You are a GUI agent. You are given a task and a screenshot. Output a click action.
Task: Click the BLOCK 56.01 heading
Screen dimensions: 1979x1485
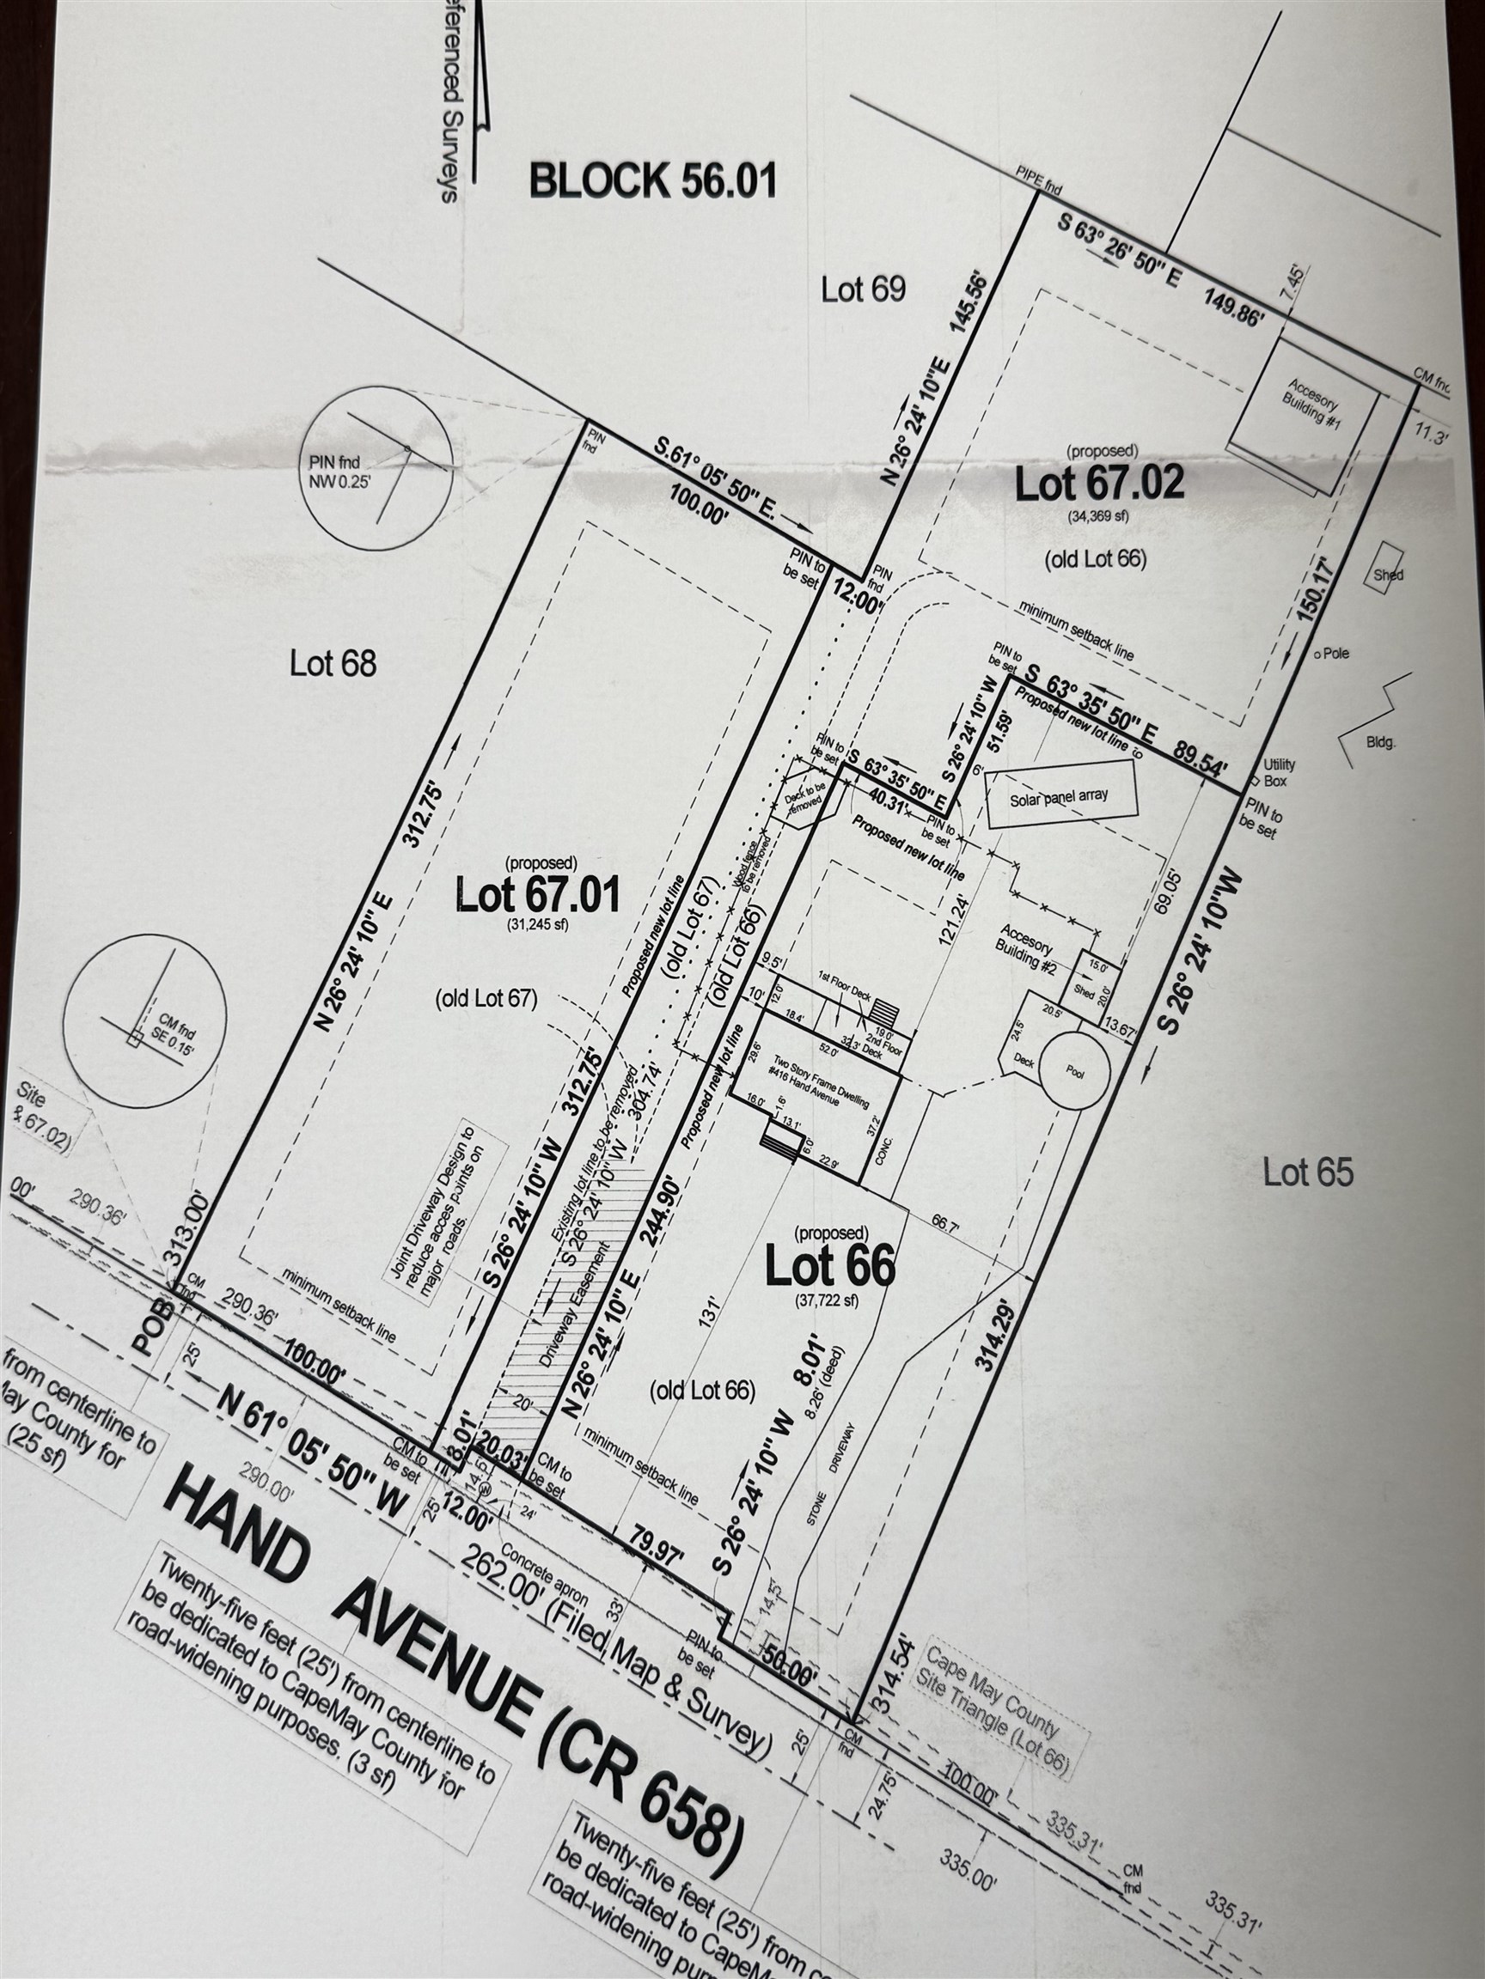coord(652,180)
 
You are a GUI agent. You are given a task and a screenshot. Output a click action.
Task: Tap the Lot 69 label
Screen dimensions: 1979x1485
coord(863,289)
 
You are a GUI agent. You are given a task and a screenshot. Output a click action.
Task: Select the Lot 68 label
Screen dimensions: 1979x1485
coord(333,663)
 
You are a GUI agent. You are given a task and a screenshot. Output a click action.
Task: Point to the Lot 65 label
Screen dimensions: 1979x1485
coord(1308,1172)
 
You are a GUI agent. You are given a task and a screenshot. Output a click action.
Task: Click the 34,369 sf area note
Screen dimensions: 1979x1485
coord(1098,515)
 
